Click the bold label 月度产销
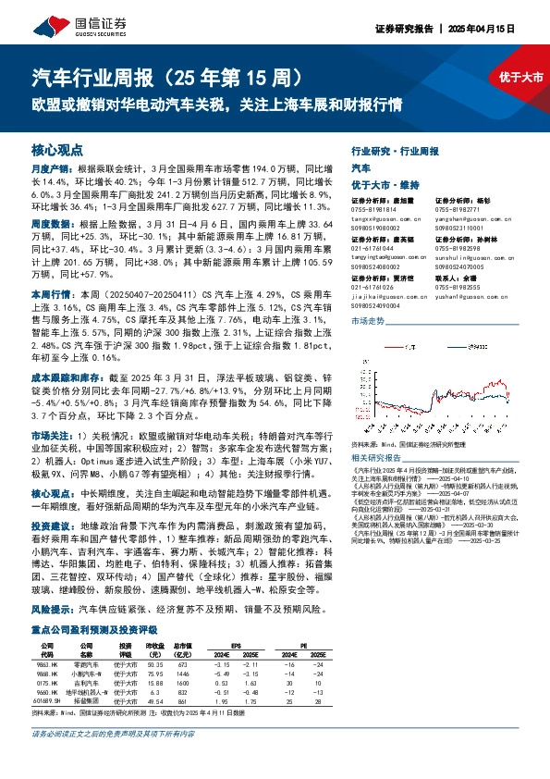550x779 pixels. coord(45,170)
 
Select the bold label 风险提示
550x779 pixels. coord(45,584)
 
